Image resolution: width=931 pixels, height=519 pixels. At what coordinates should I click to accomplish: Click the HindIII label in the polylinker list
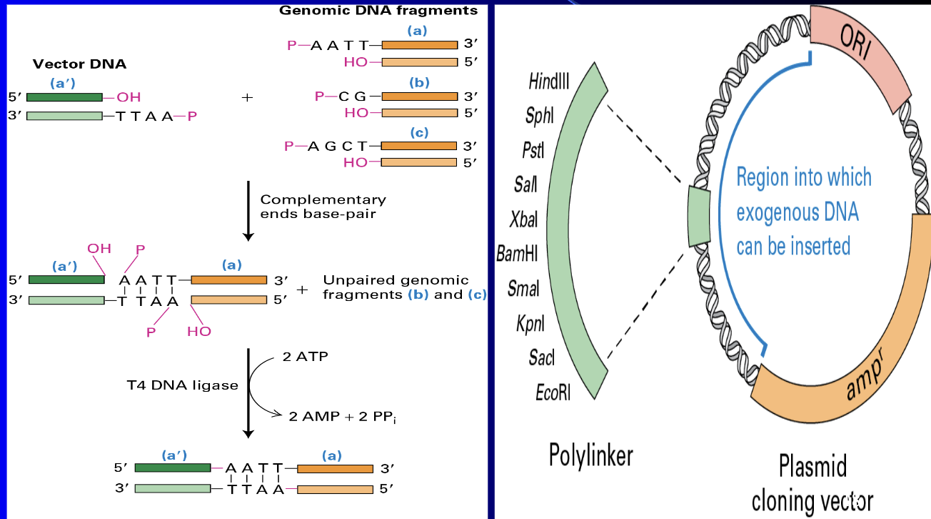coord(549,81)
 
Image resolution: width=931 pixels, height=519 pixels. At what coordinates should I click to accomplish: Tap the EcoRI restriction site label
coord(553,392)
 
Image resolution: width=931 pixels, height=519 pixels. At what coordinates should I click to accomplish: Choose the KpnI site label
coord(530,324)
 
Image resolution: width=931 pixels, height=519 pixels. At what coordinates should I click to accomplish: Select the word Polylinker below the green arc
coord(590,455)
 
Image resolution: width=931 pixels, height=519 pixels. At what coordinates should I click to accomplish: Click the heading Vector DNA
coord(79,64)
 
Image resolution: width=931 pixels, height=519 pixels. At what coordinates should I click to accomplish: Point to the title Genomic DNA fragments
coord(378,11)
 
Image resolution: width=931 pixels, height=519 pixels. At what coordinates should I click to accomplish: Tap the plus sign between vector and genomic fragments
coord(248,97)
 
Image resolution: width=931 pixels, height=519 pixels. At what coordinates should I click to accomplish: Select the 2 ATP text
coord(305,357)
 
